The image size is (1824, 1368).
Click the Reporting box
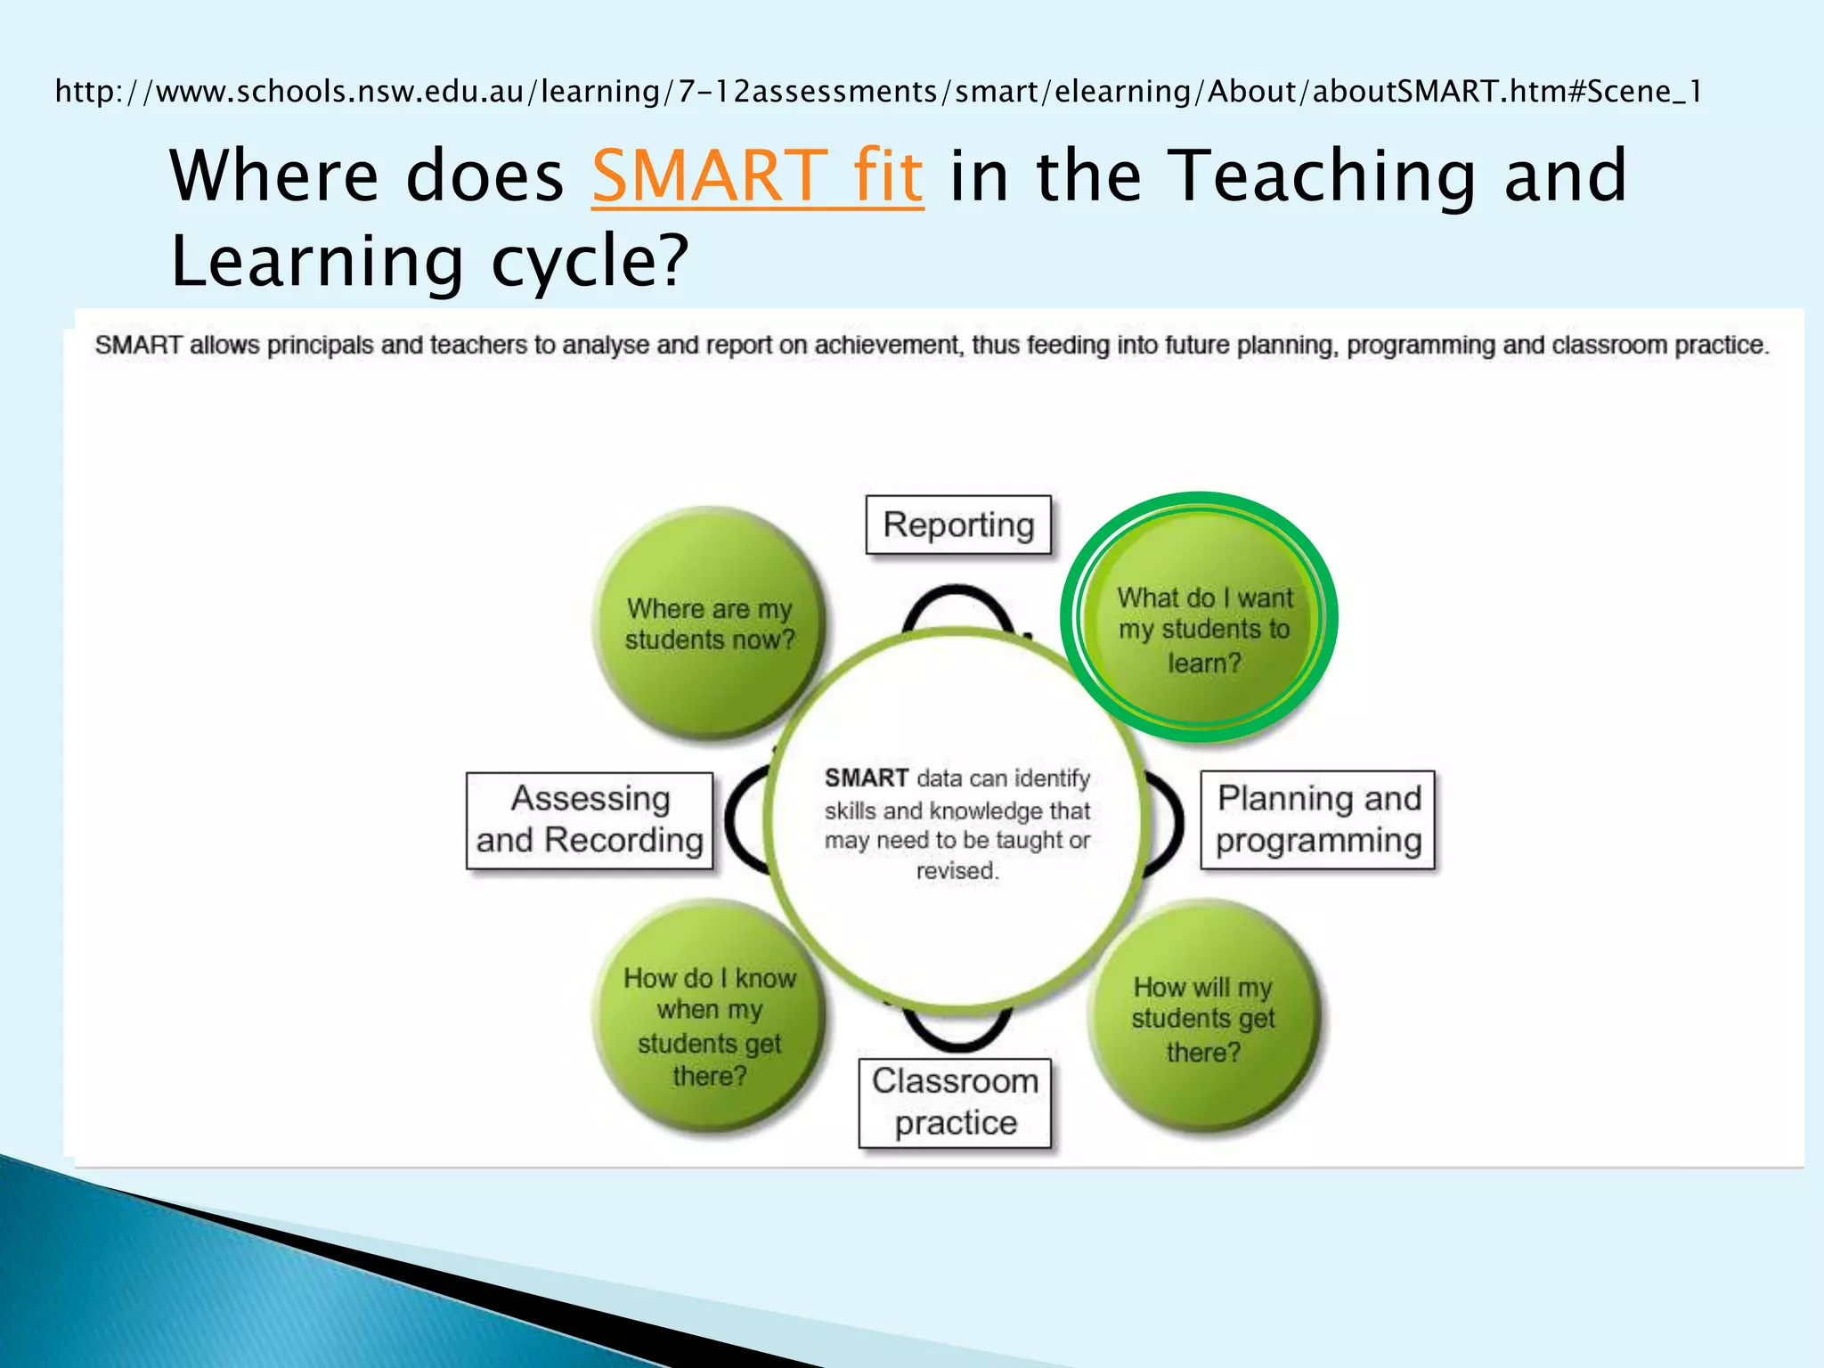(x=958, y=525)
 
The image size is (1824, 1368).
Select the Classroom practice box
(x=955, y=1103)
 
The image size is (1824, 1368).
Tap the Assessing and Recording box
(x=590, y=820)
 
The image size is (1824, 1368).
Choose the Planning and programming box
(x=1318, y=820)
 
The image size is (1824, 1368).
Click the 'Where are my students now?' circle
(x=709, y=624)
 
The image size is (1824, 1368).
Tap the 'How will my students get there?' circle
(x=1203, y=1020)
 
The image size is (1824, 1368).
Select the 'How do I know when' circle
(x=709, y=1024)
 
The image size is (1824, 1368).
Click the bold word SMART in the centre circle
(x=866, y=778)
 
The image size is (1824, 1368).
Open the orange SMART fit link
(x=757, y=175)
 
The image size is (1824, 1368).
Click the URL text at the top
(x=878, y=91)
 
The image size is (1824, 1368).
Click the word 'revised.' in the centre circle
(x=957, y=871)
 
